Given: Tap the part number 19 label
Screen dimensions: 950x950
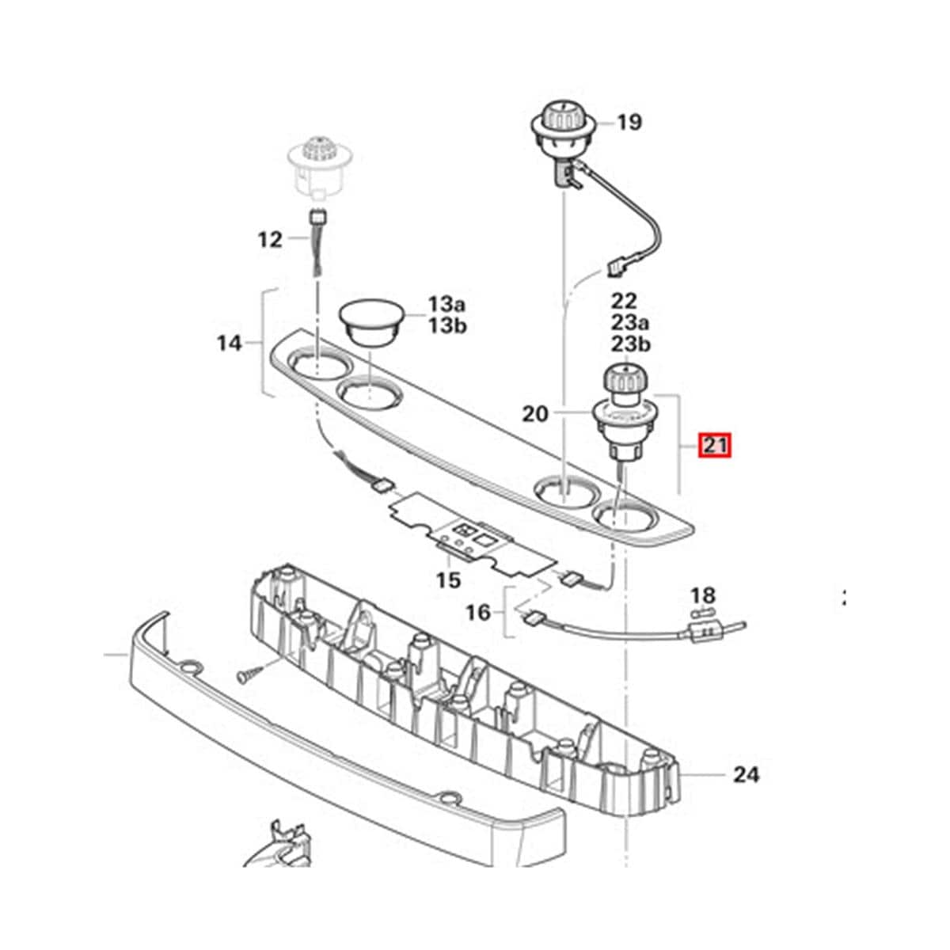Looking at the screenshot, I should [x=629, y=123].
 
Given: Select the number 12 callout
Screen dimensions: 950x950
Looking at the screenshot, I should [x=270, y=238].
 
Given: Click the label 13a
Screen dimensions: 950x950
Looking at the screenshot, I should [x=448, y=303].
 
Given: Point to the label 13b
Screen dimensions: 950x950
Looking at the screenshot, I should [x=448, y=325].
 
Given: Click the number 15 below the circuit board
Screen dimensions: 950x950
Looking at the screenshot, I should [x=448, y=580].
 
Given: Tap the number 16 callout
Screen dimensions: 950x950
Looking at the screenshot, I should [x=478, y=611].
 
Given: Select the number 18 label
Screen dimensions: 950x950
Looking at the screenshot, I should [x=702, y=595].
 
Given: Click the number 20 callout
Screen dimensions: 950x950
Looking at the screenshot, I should [x=535, y=413].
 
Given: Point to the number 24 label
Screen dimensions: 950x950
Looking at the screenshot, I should [x=745, y=774].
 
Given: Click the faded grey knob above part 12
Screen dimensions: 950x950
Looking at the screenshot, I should [x=321, y=162].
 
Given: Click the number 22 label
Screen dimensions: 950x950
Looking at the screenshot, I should [x=623, y=302].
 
